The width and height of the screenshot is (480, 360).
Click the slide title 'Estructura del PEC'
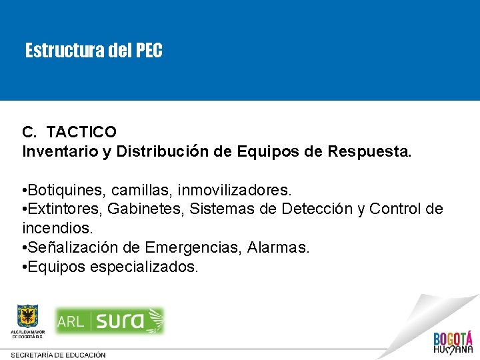click(93, 51)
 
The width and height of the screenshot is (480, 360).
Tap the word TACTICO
click(81, 133)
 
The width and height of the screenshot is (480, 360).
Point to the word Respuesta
click(369, 151)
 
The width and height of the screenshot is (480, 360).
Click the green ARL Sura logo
click(110, 321)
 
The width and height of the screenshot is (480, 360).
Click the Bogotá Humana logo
click(453, 341)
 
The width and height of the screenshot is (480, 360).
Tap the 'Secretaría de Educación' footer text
click(58, 355)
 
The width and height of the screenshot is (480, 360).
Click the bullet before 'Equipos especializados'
click(25, 267)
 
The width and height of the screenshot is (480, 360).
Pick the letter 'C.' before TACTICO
click(29, 133)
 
